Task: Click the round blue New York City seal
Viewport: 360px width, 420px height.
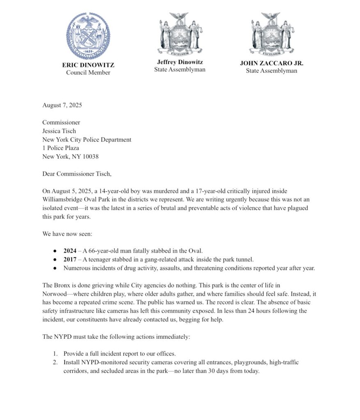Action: click(x=88, y=36)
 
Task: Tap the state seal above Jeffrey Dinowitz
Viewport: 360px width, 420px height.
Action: click(x=180, y=34)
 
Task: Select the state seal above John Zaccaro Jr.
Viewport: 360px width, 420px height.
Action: click(x=271, y=34)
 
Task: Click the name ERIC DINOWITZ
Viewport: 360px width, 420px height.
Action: click(x=88, y=65)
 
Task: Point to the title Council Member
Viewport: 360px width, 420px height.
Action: click(x=88, y=73)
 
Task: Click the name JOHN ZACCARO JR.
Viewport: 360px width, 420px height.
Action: click(x=271, y=64)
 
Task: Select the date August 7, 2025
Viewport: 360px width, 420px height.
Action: click(x=62, y=105)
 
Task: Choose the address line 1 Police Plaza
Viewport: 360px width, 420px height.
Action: click(x=61, y=148)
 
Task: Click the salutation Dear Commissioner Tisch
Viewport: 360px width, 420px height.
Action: click(x=77, y=173)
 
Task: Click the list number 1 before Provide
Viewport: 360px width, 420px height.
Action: click(x=55, y=354)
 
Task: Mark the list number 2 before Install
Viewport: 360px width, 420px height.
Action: click(x=55, y=363)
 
